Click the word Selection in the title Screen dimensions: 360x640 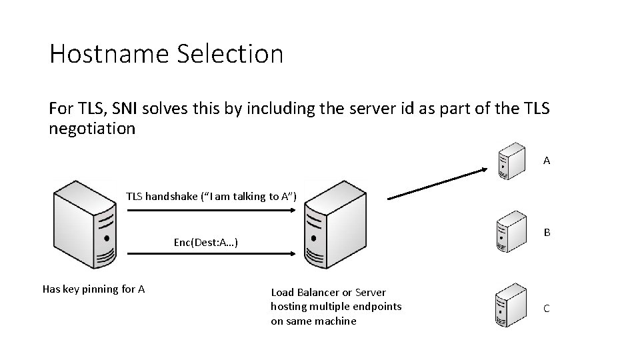230,54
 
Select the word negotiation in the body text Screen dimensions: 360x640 92,128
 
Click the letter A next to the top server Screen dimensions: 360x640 547,161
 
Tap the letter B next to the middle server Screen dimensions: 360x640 547,233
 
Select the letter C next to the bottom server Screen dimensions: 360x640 547,309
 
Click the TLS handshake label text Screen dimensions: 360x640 211,195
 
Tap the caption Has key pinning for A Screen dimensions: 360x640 94,289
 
